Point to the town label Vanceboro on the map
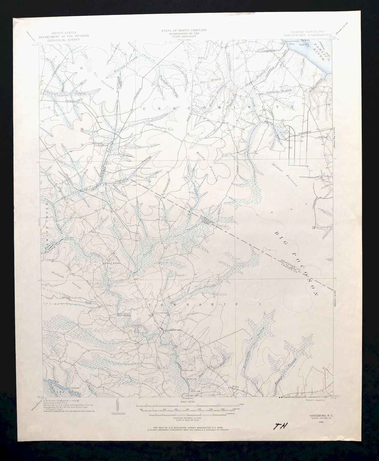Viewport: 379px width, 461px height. click(x=160, y=313)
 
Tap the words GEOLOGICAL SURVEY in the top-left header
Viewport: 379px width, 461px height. click(x=66, y=40)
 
